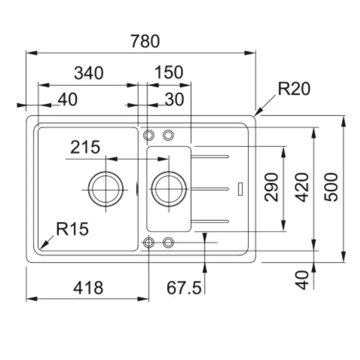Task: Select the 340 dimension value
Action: [x=89, y=74]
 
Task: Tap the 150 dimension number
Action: [x=169, y=73]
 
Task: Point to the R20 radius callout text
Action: [x=294, y=89]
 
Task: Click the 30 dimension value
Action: [x=174, y=100]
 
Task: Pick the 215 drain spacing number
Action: [x=85, y=148]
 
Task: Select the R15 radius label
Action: [x=72, y=230]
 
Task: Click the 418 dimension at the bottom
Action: [x=88, y=288]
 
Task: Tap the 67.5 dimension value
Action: [x=184, y=288]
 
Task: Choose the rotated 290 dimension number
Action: [x=272, y=187]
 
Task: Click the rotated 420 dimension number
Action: [x=302, y=187]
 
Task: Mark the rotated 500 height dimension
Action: [x=331, y=187]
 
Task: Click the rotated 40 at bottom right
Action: [x=302, y=280]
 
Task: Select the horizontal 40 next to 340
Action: [x=67, y=100]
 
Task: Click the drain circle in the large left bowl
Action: [x=105, y=189]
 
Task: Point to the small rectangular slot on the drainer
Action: [x=241, y=188]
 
